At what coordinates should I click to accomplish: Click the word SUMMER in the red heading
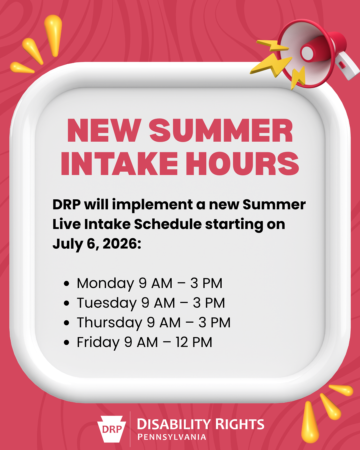pyautogui.click(x=221, y=130)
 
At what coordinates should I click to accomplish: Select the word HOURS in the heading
pyautogui.click(x=242, y=163)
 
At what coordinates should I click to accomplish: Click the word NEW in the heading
pyautogui.click(x=104, y=130)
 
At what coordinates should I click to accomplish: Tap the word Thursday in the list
pyautogui.click(x=110, y=323)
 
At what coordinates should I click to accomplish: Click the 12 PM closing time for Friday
pyautogui.click(x=194, y=343)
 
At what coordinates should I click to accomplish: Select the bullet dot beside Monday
pyautogui.click(x=67, y=284)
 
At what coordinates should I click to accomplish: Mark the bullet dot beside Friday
pyautogui.click(x=67, y=343)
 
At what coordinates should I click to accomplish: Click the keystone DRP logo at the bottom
pyautogui.click(x=112, y=429)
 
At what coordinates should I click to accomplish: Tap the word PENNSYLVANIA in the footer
pyautogui.click(x=172, y=437)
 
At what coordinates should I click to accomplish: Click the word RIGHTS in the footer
pyautogui.click(x=240, y=424)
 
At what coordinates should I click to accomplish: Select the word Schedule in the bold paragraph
pyautogui.click(x=168, y=224)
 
